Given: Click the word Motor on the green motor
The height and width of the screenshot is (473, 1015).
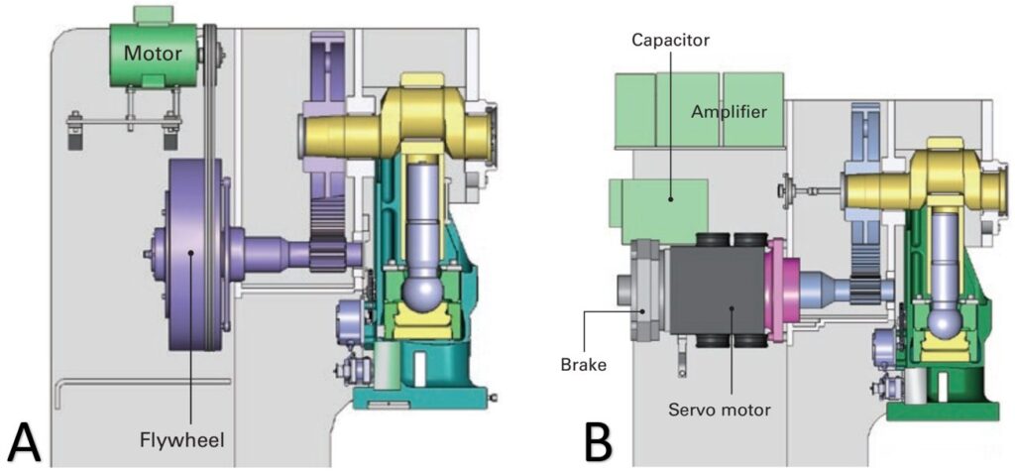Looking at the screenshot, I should [x=153, y=53].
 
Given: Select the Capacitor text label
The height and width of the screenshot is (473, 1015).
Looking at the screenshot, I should [x=670, y=40].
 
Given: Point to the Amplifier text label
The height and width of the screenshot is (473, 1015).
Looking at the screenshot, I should [x=729, y=112].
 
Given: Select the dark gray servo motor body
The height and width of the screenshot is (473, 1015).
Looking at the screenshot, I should [x=714, y=293].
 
